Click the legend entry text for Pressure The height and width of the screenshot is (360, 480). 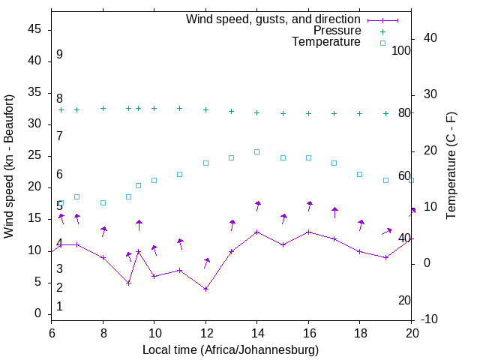[337, 31]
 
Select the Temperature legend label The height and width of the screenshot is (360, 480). [326, 42]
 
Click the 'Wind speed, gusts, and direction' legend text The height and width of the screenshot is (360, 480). [273, 19]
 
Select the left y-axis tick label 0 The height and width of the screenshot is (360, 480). [38, 313]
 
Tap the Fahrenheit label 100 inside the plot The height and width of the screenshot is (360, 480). [401, 50]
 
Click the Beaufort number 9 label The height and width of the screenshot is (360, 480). [59, 55]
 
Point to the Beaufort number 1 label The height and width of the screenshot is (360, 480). [59, 306]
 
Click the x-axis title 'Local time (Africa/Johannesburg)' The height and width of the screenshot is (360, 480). [230, 349]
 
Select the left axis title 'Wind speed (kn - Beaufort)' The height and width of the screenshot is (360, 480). [9, 166]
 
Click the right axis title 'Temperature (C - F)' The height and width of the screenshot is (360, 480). [451, 166]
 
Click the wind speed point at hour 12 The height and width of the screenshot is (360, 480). [205, 289]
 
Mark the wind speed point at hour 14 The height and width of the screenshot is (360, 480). [257, 232]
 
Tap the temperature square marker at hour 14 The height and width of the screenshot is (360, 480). [257, 151]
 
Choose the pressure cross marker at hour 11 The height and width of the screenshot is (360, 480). [180, 108]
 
